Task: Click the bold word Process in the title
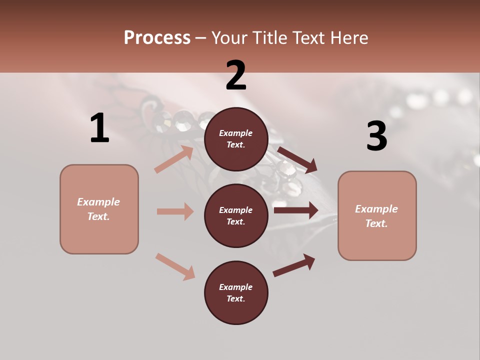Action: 157,38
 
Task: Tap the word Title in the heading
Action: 268,38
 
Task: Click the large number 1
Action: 99,128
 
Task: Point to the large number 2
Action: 236,75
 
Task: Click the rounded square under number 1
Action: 99,209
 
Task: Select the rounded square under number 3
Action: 377,216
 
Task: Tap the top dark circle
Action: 236,139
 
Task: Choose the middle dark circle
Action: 236,216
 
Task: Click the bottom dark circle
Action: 236,293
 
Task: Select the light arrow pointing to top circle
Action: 174,159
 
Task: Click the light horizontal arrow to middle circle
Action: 175,211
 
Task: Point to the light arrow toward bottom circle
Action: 175,266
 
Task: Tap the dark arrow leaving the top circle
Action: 297,159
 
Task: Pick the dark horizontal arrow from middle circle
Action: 296,210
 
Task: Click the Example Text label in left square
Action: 98,209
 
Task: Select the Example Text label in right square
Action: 376,216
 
